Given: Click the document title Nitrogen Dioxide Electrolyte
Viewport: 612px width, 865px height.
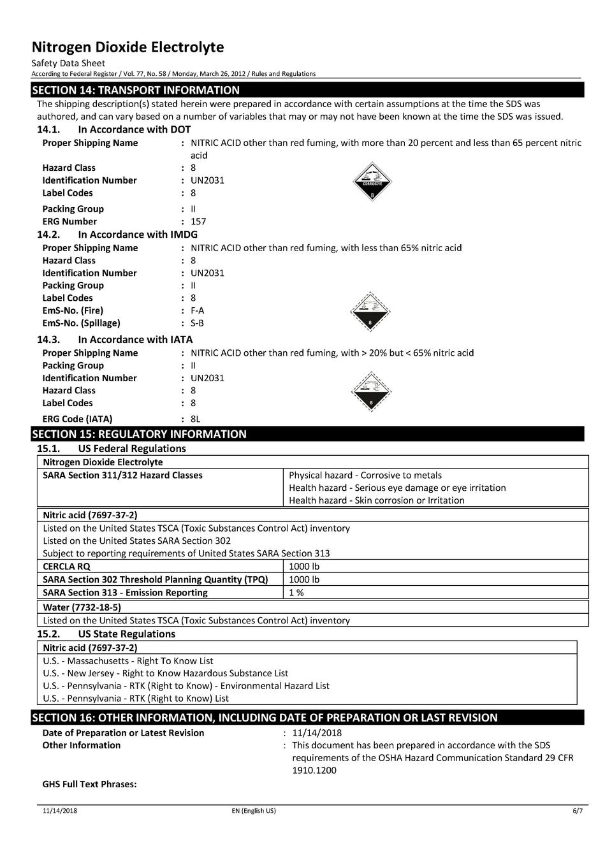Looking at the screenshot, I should point(127,47).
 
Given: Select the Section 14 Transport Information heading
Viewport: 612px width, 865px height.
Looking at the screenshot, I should point(136,90).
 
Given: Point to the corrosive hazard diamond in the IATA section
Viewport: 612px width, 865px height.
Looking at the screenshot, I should point(370,391).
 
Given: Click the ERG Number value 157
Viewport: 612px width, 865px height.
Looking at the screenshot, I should point(198,222).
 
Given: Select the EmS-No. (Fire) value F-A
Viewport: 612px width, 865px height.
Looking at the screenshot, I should point(197,310).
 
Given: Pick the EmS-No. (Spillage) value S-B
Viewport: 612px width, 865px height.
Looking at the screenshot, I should point(197,323).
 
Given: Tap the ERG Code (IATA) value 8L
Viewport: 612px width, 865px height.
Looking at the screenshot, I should point(195,419).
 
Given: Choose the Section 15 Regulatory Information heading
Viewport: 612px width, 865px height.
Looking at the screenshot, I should point(139,434).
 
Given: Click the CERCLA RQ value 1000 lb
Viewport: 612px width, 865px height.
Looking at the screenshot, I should point(304,566).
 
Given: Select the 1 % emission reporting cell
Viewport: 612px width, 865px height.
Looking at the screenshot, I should point(296,592).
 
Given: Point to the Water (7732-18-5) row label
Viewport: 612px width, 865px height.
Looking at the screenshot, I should point(82,607).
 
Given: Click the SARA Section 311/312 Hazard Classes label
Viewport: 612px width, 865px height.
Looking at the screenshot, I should point(122,475).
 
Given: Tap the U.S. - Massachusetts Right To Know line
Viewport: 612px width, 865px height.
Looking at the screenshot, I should point(127,661).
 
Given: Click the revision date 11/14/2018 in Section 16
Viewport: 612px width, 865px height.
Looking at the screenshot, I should point(317,733).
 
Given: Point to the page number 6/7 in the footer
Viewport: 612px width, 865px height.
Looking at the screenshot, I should point(577,811).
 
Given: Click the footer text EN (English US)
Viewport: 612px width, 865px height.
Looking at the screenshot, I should point(254,811).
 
